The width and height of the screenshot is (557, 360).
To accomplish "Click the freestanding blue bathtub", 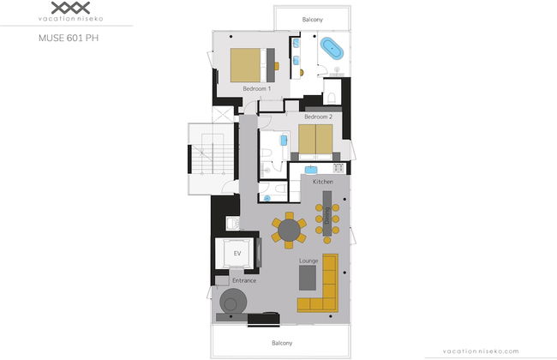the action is click(x=332, y=48).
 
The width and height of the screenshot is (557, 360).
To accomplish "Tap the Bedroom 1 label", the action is click(x=257, y=88).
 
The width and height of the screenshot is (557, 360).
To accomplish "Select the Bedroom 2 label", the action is click(x=318, y=117).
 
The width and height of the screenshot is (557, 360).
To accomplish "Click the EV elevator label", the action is click(x=237, y=254).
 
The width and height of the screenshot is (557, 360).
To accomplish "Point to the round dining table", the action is click(x=289, y=231).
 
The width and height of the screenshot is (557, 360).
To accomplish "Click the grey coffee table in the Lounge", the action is click(x=308, y=278).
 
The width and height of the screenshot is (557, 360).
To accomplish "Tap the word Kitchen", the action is click(x=323, y=182).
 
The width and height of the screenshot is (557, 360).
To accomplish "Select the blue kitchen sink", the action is click(x=311, y=170).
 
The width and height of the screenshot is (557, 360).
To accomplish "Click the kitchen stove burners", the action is click(x=338, y=168).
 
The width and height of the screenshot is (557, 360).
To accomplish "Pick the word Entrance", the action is click(x=244, y=280).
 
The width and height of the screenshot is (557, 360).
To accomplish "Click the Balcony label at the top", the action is click(x=313, y=20).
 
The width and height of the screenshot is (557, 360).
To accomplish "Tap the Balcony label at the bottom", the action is click(x=282, y=343).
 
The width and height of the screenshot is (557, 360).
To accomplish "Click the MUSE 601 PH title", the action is click(x=69, y=38).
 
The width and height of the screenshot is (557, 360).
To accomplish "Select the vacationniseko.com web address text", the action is click(x=481, y=351).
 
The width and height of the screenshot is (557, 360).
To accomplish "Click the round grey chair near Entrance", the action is click(x=233, y=302).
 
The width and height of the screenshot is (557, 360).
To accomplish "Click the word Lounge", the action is click(x=308, y=261).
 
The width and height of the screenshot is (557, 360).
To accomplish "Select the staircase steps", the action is click(x=213, y=153).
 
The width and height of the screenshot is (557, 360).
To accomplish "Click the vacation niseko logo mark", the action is click(x=70, y=8).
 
